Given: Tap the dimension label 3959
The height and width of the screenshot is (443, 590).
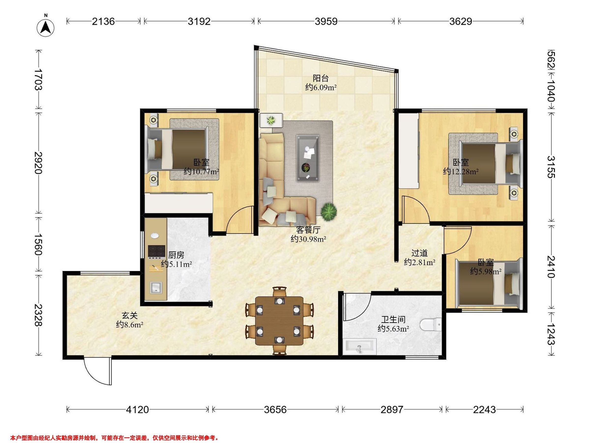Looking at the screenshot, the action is coord(326,21).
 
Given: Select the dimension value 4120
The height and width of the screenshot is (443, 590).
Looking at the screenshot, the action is coord(137,409).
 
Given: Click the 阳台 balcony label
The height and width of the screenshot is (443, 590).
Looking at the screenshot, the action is coord(321,78).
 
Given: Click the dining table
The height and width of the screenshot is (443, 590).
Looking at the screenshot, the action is coord(279,321).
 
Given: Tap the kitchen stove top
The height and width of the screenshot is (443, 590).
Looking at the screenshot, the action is coord(157,251).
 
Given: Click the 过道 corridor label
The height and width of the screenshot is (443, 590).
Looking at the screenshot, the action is coord(420,253).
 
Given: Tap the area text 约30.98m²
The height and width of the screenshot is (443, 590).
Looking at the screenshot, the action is coord(308,239).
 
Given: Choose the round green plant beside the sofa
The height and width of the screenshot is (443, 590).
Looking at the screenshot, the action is coord(329,211).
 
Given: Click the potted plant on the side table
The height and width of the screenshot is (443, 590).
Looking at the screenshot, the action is coord(271,120).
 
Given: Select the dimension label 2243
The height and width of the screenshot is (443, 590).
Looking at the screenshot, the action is coord(484,409).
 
